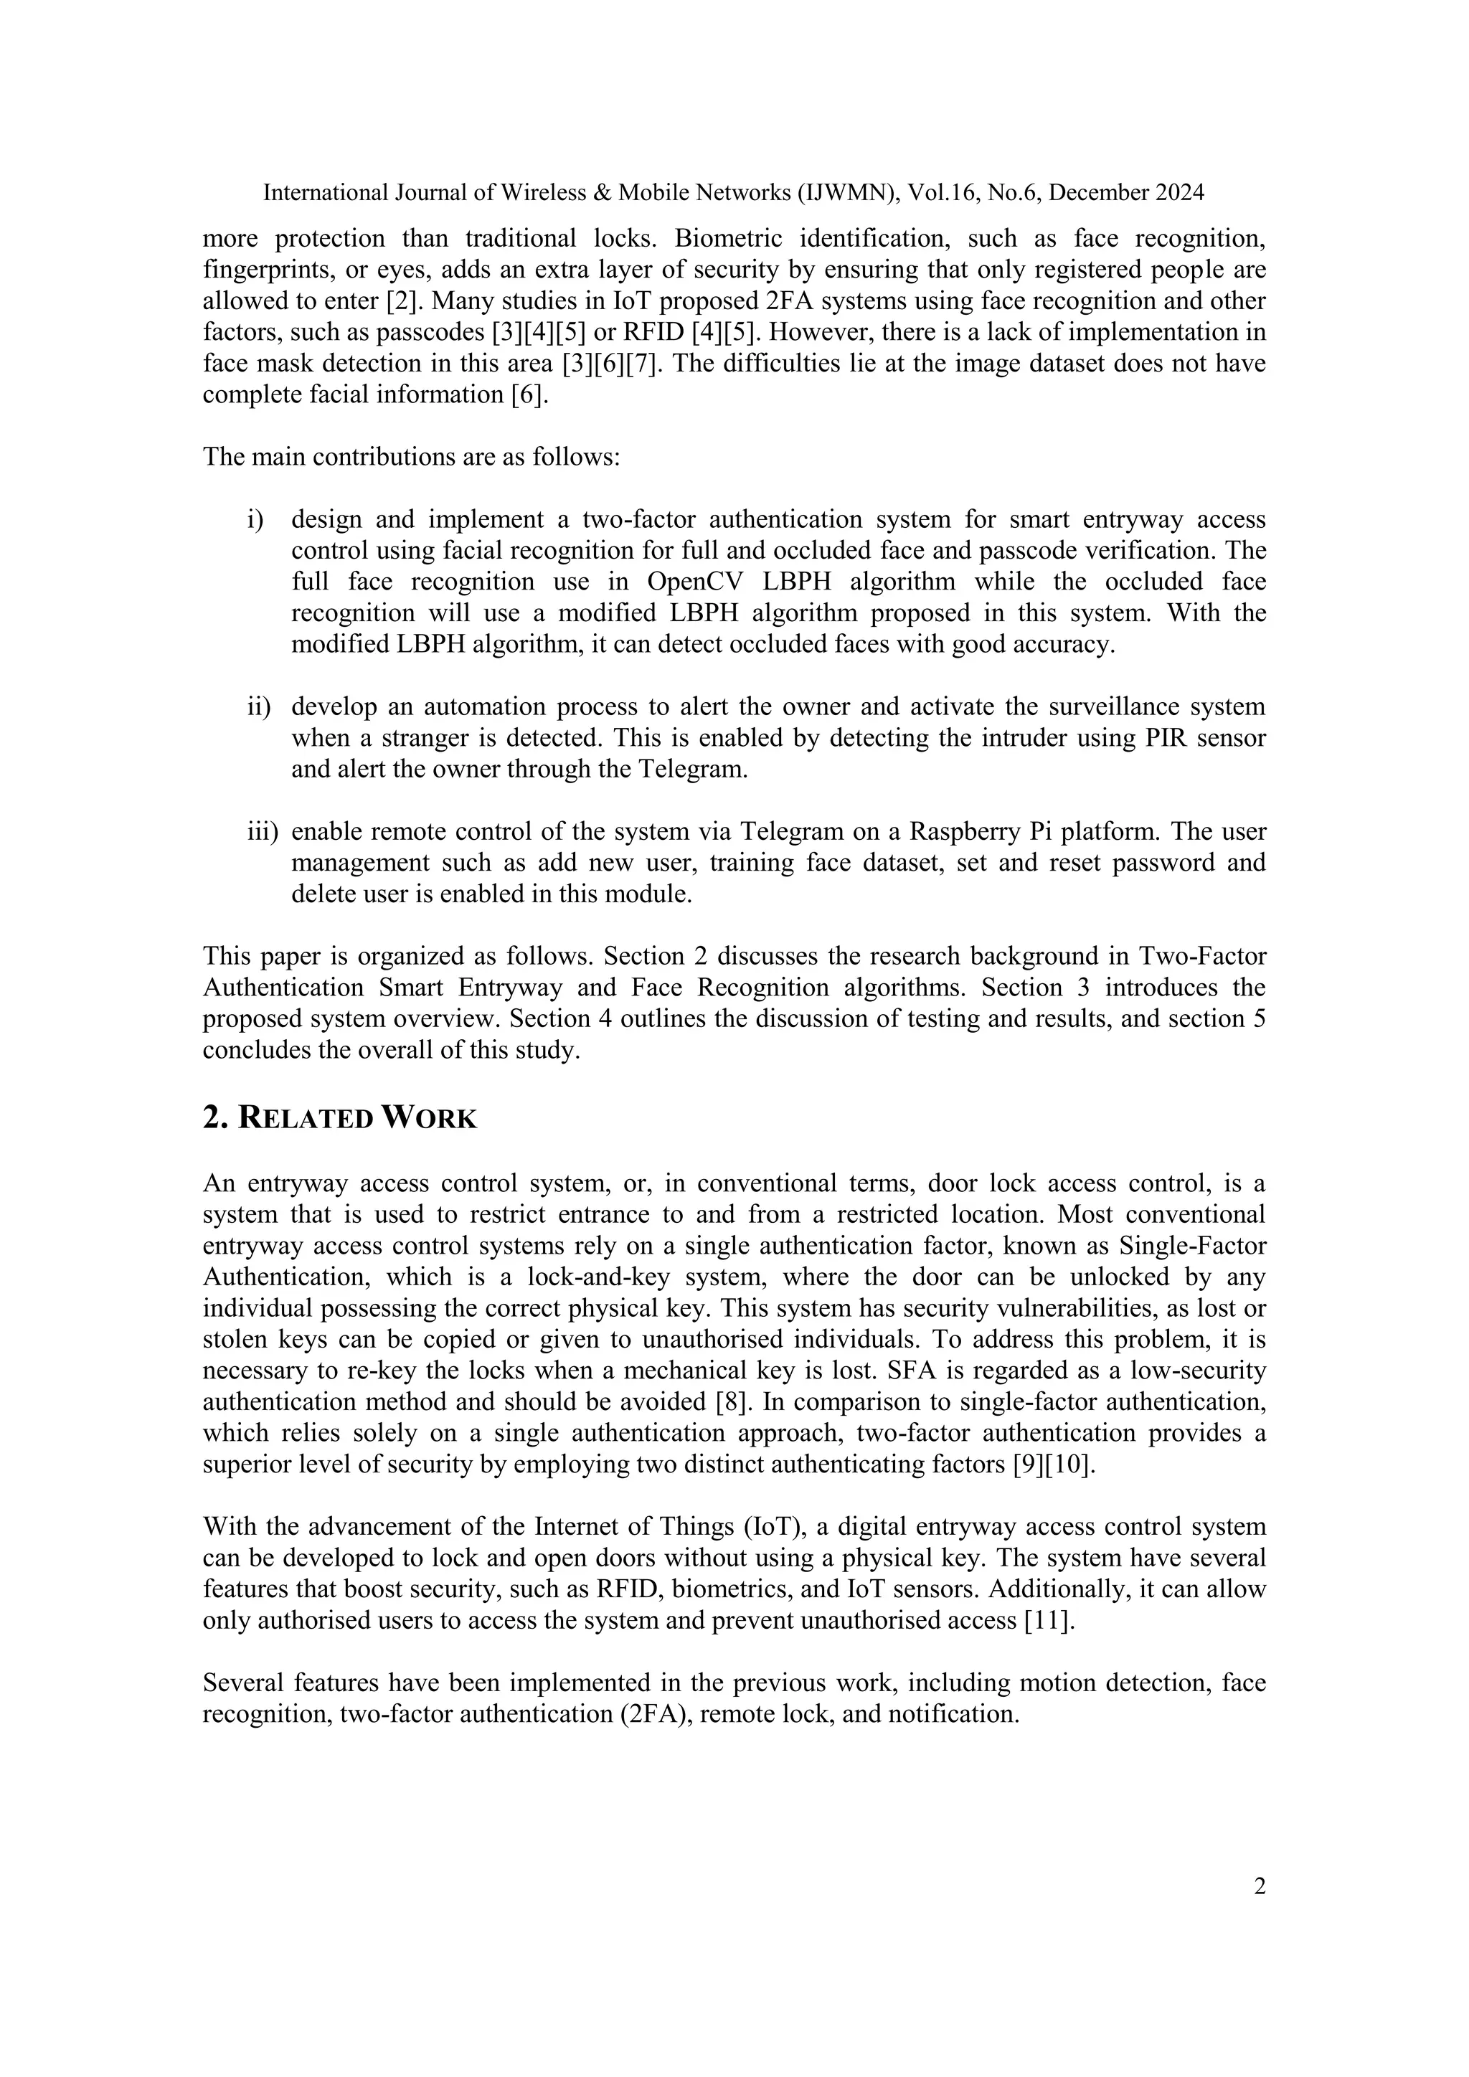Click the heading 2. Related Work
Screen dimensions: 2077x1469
click(339, 1118)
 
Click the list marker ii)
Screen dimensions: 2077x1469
click(259, 706)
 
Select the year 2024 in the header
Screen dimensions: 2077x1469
click(1178, 193)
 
